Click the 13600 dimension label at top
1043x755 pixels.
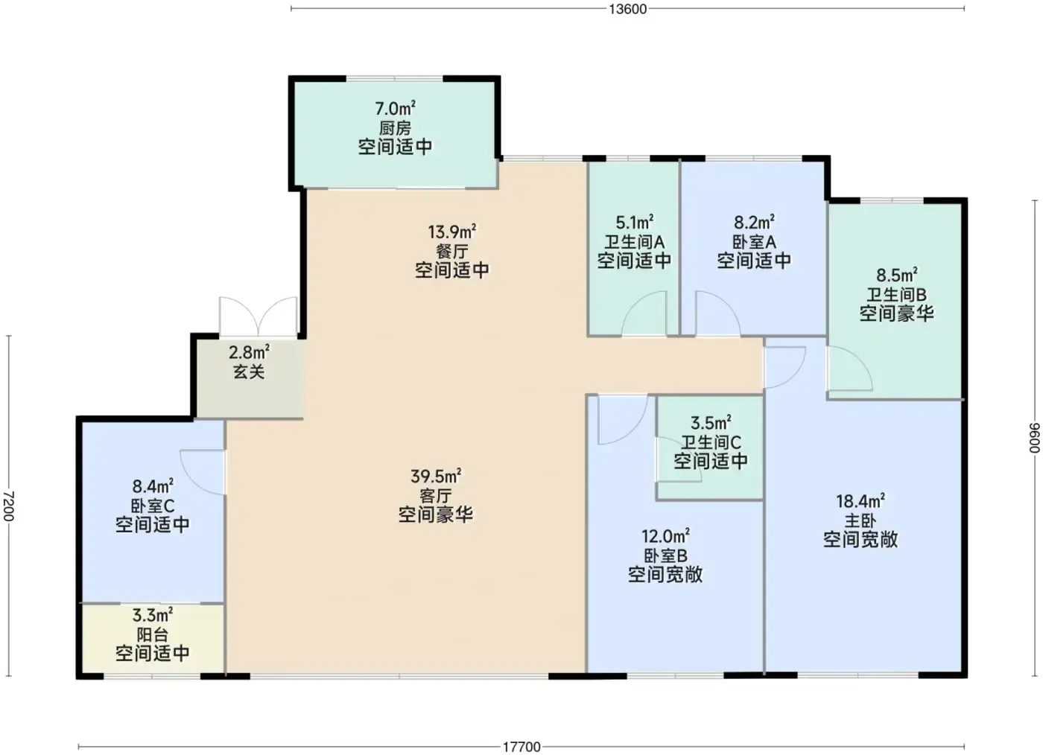coord(627,9)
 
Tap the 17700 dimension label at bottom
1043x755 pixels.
coord(521,747)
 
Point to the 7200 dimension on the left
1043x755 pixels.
coord(9,506)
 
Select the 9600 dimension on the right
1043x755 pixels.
coord(1034,438)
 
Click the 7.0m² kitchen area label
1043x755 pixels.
coord(395,109)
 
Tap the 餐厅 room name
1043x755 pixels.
coord(451,252)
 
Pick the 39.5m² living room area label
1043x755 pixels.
coord(436,477)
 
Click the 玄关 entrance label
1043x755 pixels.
coord(249,372)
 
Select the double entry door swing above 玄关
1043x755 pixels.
coord(258,316)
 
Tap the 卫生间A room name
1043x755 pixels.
coord(634,242)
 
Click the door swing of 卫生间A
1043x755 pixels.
coord(644,313)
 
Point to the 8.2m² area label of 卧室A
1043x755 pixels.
coord(754,223)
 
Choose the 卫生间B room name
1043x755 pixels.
coord(896,295)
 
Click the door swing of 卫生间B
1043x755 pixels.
coord(849,368)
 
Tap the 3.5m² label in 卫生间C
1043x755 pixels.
coord(711,423)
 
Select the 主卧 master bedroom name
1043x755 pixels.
coord(860,520)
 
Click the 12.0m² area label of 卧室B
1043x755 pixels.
coord(665,536)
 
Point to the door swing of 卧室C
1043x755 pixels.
coord(203,473)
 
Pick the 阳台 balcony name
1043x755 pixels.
coord(153,634)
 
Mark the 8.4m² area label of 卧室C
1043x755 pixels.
coord(153,486)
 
